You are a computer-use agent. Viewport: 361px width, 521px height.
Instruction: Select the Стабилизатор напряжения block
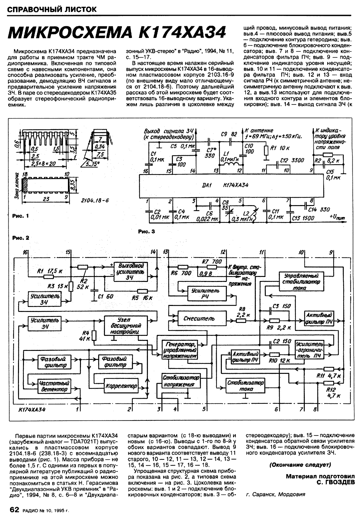pos(181,381)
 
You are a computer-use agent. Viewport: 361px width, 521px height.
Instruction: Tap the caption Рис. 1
pos(20,216)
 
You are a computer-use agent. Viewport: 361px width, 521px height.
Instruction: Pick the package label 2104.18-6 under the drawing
pos(95,200)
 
